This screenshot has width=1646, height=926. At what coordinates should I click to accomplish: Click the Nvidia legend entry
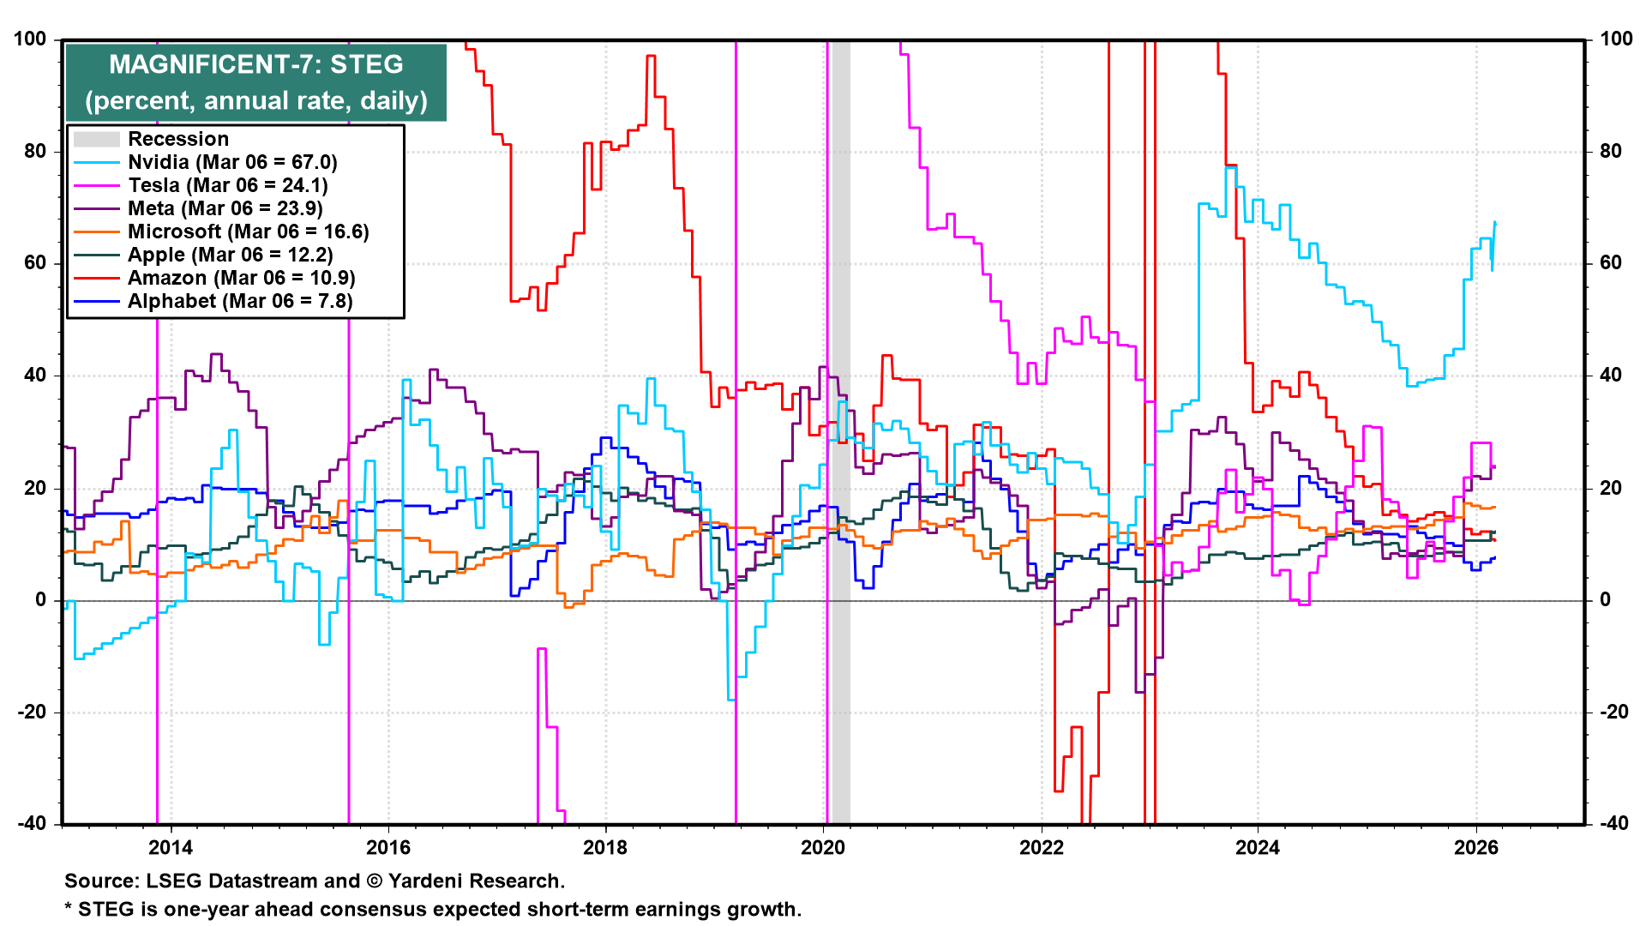click(x=206, y=162)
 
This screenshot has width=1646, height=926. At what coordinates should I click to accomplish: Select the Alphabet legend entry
click(x=213, y=301)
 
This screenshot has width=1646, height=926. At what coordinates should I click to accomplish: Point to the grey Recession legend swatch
click(x=96, y=139)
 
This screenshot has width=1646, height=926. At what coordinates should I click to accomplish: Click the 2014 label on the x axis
click(x=171, y=848)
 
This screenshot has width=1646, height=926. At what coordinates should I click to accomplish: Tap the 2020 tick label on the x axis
click(x=823, y=848)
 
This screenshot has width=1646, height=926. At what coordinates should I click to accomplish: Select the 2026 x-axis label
click(x=1476, y=848)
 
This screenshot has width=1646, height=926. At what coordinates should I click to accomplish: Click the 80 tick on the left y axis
click(x=36, y=152)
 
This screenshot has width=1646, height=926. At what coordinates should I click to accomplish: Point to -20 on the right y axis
click(x=1614, y=712)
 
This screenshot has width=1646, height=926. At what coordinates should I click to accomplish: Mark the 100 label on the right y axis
click(x=1616, y=39)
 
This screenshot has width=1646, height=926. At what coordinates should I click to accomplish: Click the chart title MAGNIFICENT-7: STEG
click(x=256, y=64)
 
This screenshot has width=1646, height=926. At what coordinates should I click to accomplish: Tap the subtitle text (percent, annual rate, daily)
click(x=256, y=100)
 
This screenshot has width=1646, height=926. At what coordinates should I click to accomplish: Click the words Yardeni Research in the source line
click(x=475, y=881)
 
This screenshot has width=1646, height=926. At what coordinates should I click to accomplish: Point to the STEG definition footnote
click(x=433, y=909)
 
